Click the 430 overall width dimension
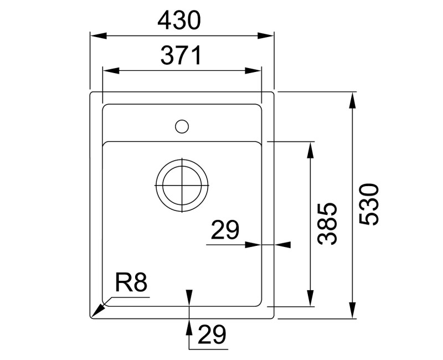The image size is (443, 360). (x=178, y=21)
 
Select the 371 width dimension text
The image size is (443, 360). (x=181, y=56)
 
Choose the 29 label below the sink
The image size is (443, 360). (x=212, y=335)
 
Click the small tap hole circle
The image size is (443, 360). (x=181, y=126)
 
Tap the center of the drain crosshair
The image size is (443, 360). (x=182, y=186)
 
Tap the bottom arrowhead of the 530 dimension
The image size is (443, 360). (x=353, y=311)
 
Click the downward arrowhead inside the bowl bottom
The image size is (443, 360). (x=189, y=297)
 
